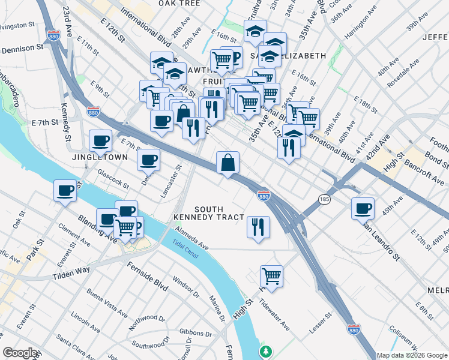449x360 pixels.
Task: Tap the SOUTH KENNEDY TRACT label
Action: (x=209, y=212)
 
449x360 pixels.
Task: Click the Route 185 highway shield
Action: (x=325, y=199)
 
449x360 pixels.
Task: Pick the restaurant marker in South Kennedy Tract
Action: (x=258, y=227)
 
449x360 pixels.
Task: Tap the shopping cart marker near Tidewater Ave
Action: (x=271, y=277)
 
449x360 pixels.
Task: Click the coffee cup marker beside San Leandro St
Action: (x=363, y=208)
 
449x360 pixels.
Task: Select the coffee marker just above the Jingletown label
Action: (x=100, y=141)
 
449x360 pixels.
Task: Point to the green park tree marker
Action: (x=265, y=351)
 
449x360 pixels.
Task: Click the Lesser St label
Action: (x=320, y=324)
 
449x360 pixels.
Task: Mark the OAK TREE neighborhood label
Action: (x=179, y=4)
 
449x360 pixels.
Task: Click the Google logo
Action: (x=20, y=353)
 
